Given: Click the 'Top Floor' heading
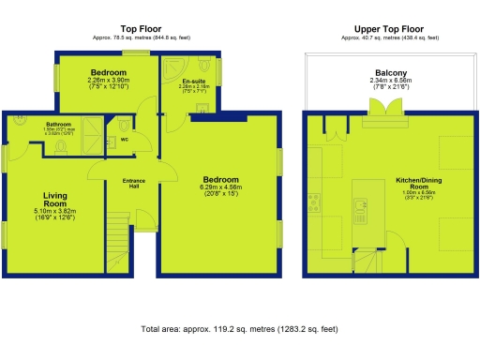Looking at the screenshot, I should pyautogui.click(x=138, y=28).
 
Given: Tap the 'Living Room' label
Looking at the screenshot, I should pyautogui.click(x=54, y=200).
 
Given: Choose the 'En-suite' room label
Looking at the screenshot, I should pyautogui.click(x=193, y=82).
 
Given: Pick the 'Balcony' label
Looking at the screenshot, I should pyautogui.click(x=390, y=72).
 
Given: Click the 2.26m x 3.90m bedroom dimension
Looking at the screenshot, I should pyautogui.click(x=108, y=81).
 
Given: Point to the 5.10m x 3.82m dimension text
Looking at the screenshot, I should pyautogui.click(x=54, y=212).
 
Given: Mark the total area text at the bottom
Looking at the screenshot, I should pyautogui.click(x=239, y=330).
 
